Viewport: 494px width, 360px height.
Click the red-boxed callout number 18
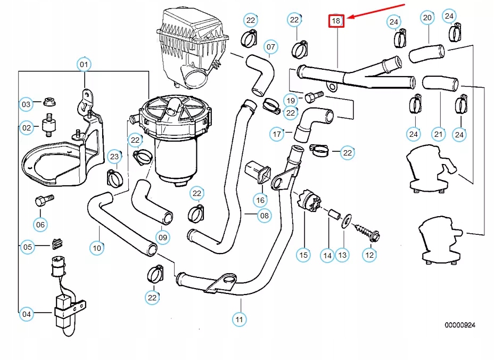click(336, 21)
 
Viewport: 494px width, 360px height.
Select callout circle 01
click(84, 65)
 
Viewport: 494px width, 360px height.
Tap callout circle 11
click(240, 320)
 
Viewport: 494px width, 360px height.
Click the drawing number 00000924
click(460, 324)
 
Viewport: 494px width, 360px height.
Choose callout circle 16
click(260, 200)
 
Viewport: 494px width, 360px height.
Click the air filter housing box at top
click(192, 48)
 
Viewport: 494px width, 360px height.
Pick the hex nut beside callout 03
click(48, 101)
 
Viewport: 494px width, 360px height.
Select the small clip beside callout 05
click(57, 244)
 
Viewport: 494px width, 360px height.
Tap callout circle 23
click(114, 156)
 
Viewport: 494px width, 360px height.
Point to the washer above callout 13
click(345, 219)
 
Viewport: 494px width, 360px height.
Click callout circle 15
click(303, 255)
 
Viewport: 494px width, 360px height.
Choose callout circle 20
click(427, 18)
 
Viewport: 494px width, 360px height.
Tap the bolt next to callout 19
click(314, 96)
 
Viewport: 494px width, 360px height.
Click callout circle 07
click(270, 47)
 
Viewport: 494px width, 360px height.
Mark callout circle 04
click(27, 315)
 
